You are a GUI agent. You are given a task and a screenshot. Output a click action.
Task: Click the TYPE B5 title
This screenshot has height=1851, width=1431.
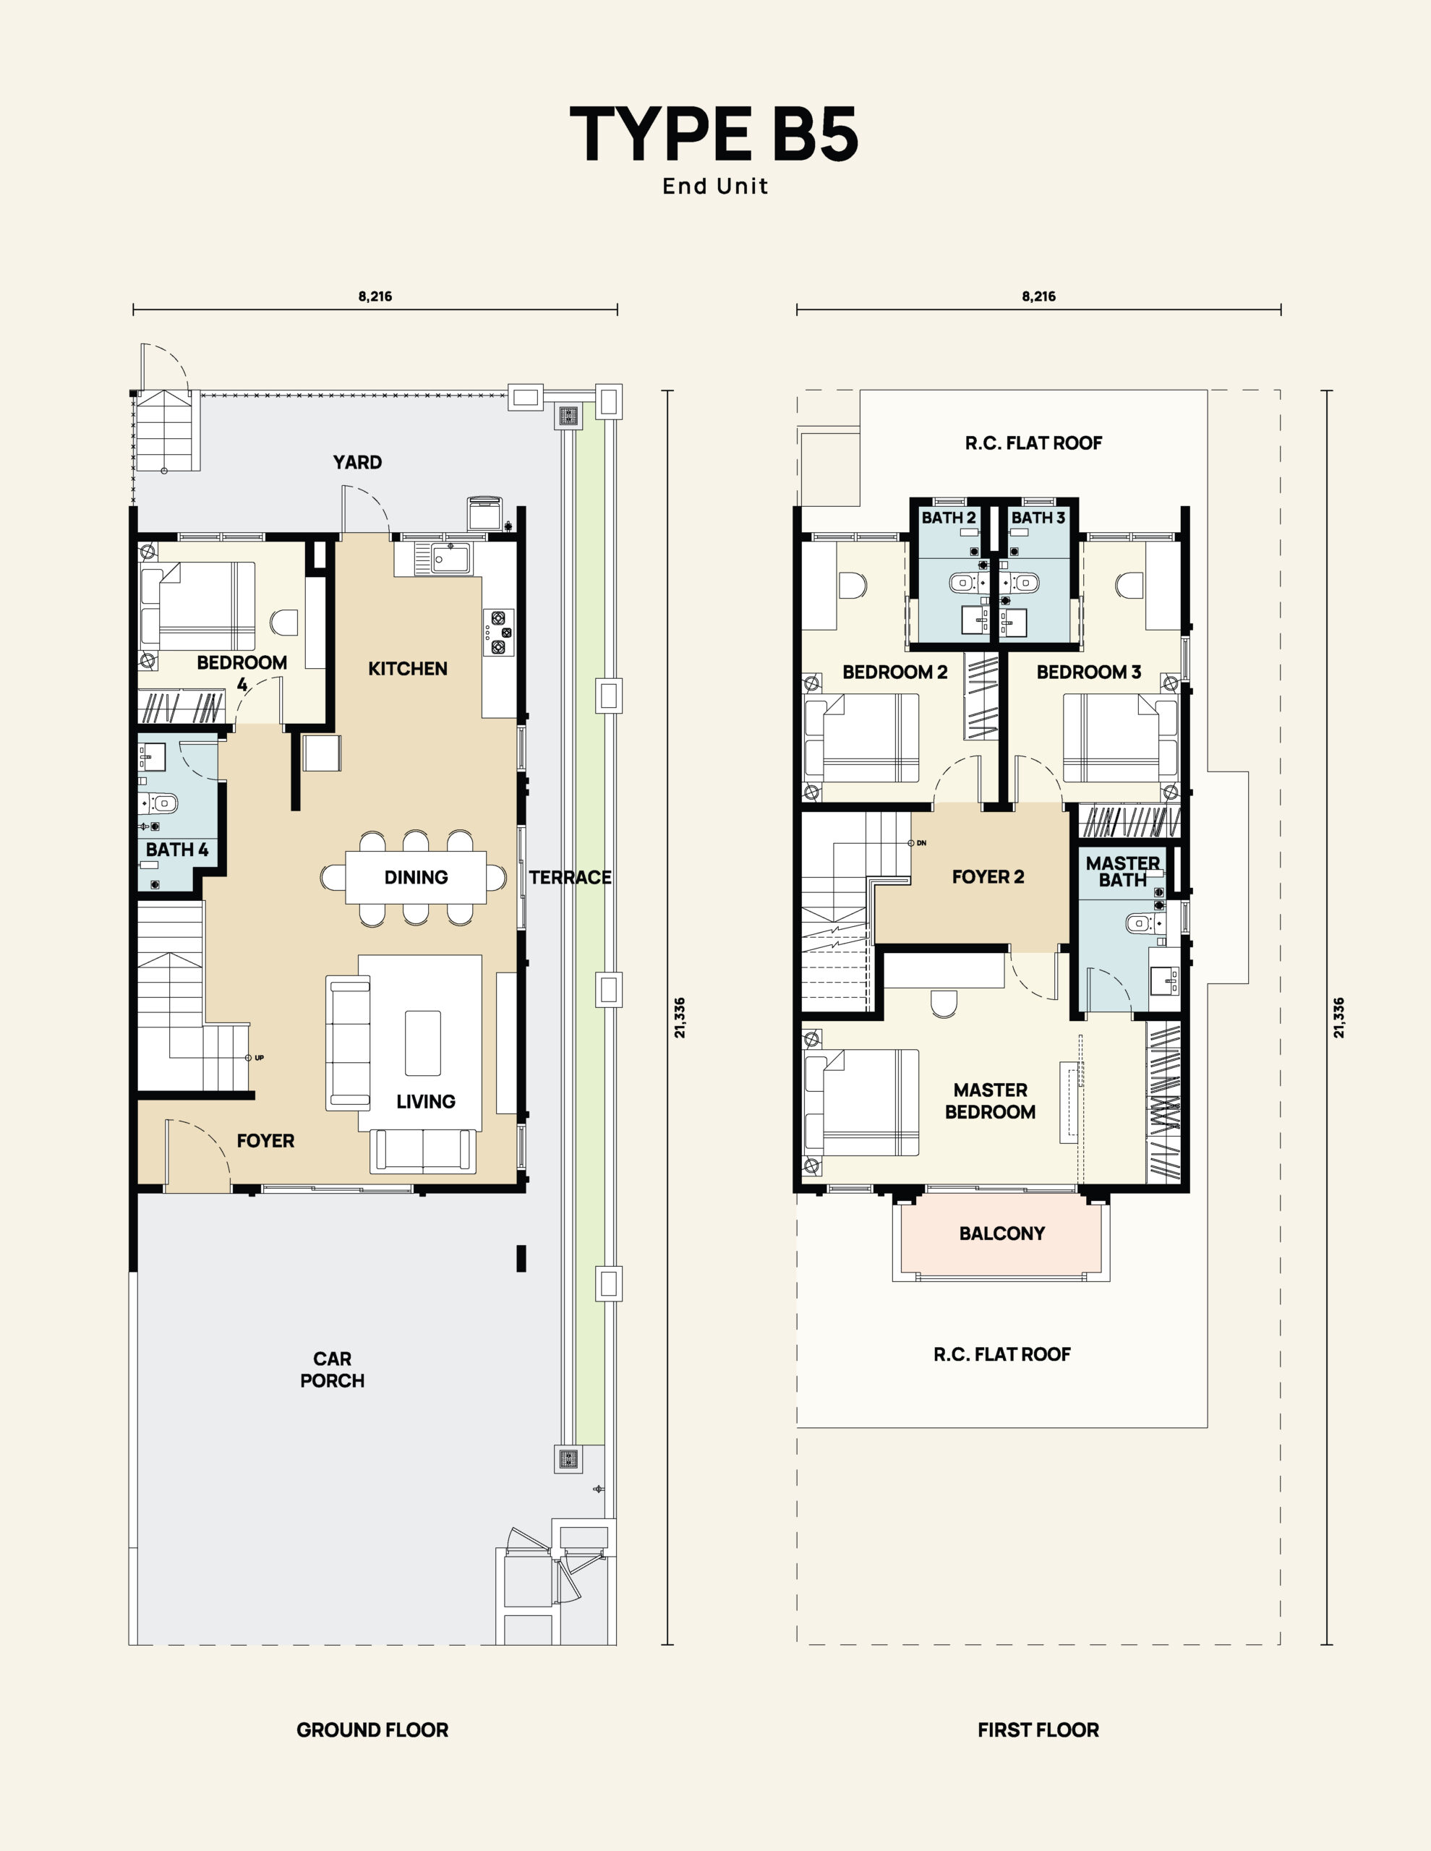[714, 134]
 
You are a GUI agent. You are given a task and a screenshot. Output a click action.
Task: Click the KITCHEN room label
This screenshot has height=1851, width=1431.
[408, 669]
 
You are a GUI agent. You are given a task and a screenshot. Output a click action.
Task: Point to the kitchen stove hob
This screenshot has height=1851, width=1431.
[497, 632]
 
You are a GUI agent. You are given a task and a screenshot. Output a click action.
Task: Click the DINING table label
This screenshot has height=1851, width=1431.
[417, 877]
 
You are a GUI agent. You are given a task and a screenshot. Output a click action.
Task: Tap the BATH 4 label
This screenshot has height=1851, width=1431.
[177, 850]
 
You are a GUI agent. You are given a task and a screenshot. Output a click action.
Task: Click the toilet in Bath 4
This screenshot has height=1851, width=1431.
[161, 803]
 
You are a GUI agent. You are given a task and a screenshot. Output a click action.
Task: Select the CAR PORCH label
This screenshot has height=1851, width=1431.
[333, 1369]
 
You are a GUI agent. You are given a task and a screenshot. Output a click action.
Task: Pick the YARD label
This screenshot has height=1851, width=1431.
[357, 462]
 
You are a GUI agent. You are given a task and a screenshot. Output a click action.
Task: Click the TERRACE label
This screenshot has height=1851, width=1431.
[571, 877]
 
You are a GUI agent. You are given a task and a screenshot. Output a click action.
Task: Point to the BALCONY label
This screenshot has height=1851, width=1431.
[1002, 1233]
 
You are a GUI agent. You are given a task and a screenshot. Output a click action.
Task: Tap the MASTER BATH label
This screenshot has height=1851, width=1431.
[1123, 871]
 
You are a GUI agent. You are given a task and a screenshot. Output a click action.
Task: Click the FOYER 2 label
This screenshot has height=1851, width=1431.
[988, 877]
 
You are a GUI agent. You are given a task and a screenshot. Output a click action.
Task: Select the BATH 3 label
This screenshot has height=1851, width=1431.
[1038, 518]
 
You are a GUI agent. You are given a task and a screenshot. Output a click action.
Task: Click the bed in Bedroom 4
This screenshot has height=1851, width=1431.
[198, 606]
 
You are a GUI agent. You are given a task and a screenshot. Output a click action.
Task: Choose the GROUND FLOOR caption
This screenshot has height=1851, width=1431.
[372, 1730]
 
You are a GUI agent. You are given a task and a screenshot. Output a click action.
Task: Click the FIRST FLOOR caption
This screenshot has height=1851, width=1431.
[1038, 1730]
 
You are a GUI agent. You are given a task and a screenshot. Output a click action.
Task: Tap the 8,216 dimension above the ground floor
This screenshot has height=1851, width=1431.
[375, 296]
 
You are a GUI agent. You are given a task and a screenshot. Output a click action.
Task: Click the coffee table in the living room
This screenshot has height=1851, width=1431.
[423, 1043]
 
